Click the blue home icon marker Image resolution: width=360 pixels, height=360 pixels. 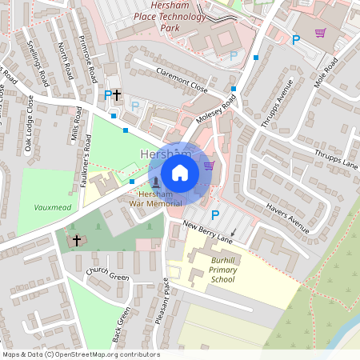coord(180,173)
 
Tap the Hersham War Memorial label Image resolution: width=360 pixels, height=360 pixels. coord(155,198)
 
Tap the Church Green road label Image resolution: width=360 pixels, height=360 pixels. coord(108,278)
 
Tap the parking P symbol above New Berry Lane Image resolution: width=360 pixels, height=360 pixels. coord(214,214)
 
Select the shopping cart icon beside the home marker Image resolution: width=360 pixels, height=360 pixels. coord(209,166)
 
